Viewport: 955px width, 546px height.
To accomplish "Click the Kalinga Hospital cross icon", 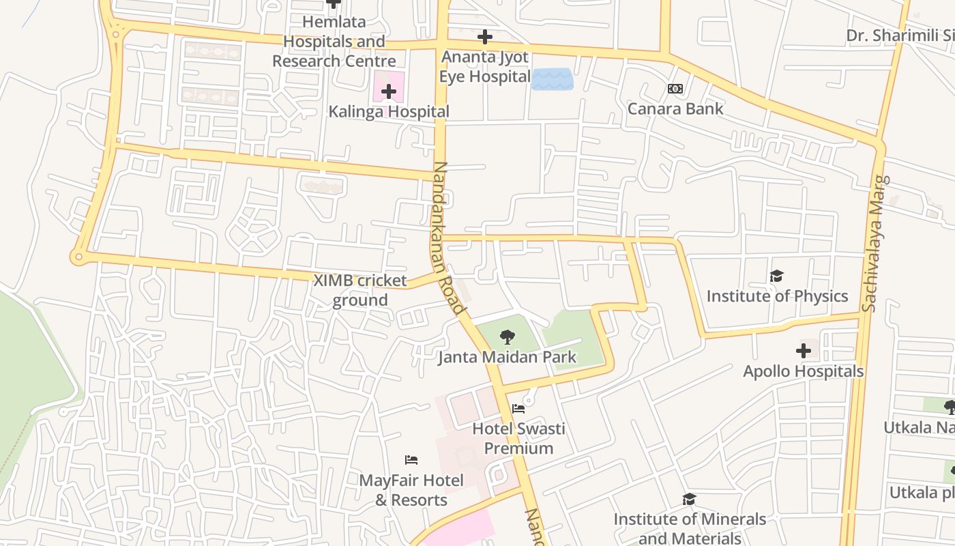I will click(x=389, y=91).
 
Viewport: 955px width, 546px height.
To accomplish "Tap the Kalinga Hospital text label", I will click(x=389, y=111).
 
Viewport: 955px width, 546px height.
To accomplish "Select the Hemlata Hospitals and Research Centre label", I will click(x=334, y=42).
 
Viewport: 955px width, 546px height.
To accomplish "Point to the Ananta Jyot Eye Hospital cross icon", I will click(x=485, y=36).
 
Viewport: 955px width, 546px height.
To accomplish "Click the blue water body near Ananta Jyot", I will click(x=552, y=79).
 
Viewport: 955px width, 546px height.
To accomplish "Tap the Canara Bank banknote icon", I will click(x=675, y=89).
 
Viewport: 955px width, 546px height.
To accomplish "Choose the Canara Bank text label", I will click(x=675, y=109).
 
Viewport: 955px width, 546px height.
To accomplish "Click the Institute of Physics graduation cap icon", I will click(x=776, y=276).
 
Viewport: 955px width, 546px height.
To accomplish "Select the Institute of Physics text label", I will click(x=777, y=296).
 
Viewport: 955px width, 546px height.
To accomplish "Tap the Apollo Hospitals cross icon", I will click(x=804, y=351).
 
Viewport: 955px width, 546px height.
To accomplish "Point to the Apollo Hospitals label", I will click(x=803, y=371).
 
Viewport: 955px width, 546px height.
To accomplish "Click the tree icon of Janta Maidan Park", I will click(x=507, y=336).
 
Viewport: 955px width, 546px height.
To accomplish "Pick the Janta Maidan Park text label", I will click(x=507, y=357).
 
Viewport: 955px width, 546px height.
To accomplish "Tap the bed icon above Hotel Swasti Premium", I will click(x=518, y=409).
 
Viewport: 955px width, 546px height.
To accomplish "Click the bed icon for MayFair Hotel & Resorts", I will click(x=411, y=460).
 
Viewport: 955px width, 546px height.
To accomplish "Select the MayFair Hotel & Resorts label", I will click(x=411, y=490).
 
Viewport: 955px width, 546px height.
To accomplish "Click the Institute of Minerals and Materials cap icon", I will click(x=689, y=499).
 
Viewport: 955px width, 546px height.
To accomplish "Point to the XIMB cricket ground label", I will click(x=359, y=290).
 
